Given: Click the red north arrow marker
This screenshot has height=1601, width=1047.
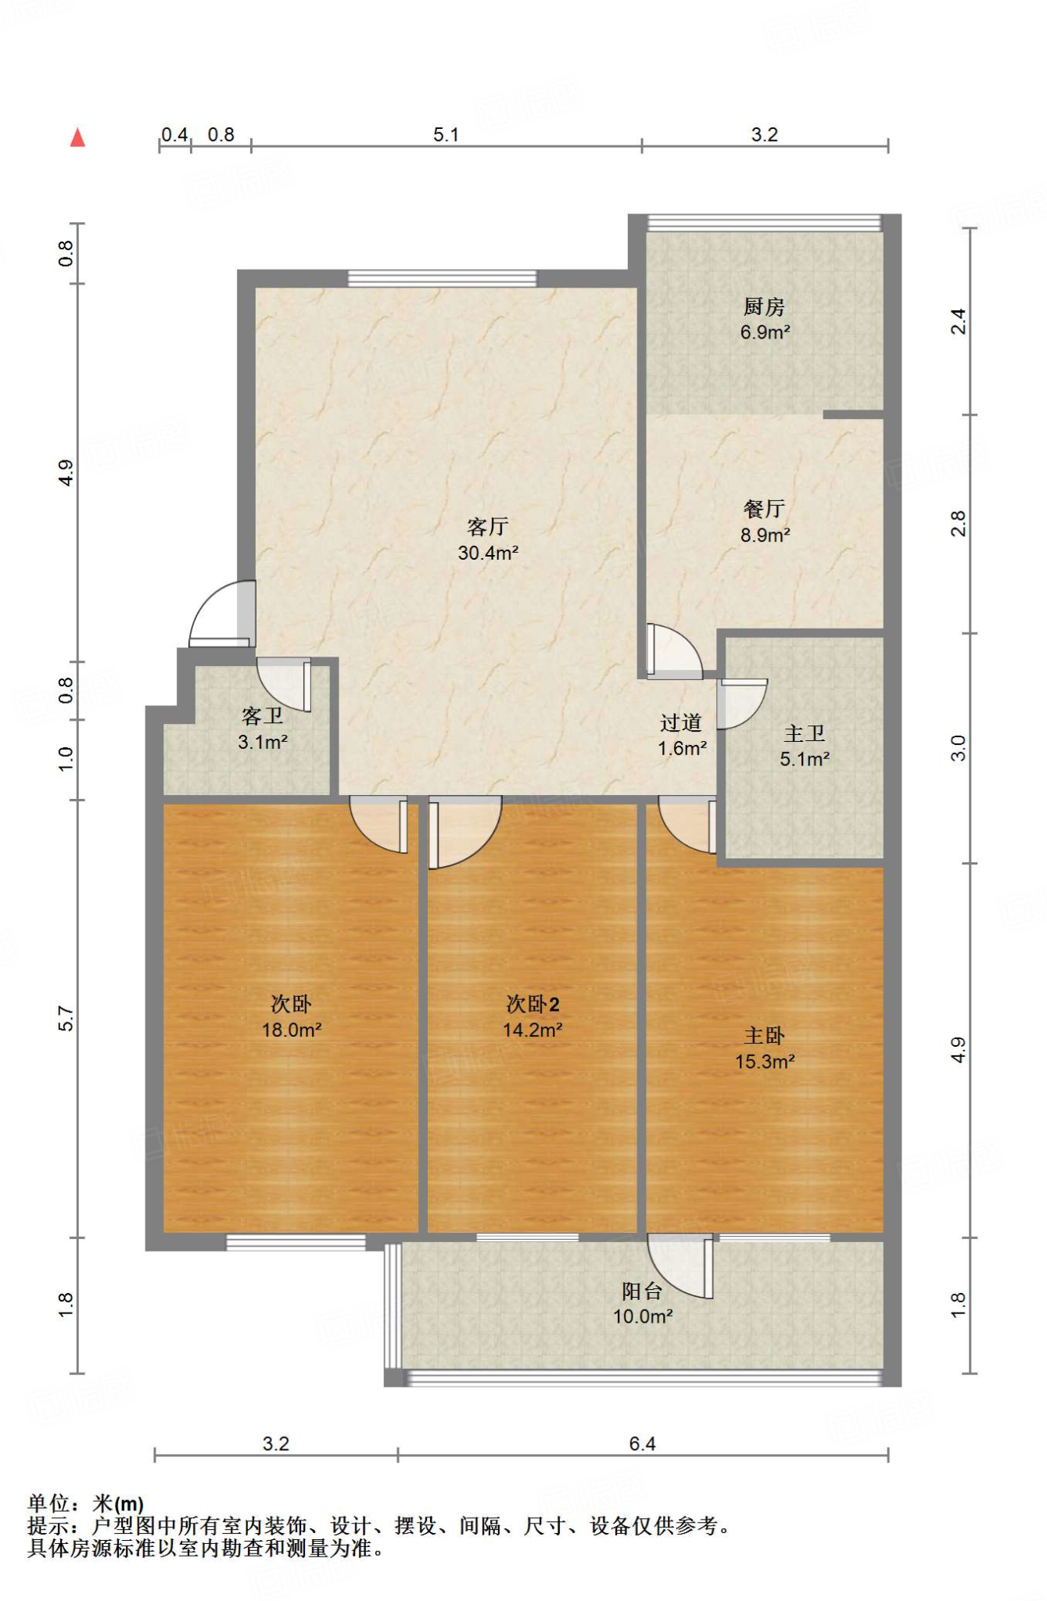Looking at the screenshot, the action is point(77,138).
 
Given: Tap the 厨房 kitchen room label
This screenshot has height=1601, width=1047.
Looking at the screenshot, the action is point(764,306).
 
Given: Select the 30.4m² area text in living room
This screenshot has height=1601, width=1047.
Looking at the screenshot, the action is point(488,553).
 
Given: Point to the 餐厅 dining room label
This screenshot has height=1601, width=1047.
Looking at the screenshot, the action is point(764,509).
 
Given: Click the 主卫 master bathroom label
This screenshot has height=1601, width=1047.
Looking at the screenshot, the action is point(805,733).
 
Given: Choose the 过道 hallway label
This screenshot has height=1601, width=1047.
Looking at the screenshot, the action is point(681,722).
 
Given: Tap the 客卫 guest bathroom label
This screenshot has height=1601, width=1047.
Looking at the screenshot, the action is point(263,715).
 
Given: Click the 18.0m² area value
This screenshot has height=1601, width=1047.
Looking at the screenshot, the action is point(292,1030).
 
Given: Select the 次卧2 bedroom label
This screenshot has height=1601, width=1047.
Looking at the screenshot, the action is point(532,1004).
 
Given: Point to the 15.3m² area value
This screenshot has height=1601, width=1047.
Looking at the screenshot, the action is point(765,1061).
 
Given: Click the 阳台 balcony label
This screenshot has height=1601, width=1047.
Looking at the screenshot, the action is point(642,1291).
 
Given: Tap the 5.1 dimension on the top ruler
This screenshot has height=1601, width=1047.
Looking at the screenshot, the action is point(446,134).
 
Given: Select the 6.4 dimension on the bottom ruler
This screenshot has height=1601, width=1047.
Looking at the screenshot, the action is point(642,1443).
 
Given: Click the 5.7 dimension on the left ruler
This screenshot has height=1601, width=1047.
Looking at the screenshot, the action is point(66,1019).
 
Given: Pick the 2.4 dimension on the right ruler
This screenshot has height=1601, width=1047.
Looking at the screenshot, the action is point(958,321).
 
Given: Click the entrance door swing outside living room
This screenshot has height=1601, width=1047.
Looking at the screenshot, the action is point(222,613).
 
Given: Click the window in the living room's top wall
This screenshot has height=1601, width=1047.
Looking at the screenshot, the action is point(443,278).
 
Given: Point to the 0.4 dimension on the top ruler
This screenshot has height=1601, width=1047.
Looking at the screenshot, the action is point(175,134).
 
